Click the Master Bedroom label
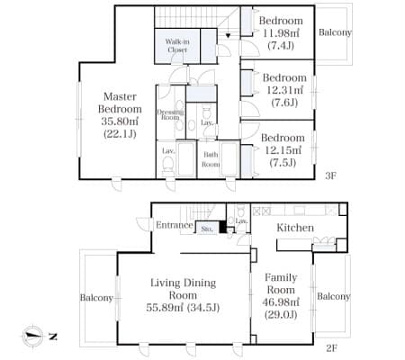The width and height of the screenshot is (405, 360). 120,103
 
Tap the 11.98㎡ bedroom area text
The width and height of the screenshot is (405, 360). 281,33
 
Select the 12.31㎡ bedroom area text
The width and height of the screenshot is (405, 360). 284,90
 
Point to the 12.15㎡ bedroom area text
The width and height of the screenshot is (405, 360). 283,150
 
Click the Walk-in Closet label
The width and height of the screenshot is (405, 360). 177,46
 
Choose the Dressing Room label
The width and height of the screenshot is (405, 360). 170,114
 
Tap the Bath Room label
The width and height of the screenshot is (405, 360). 211,159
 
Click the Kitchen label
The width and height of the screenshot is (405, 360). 295,228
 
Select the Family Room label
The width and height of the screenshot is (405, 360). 281,283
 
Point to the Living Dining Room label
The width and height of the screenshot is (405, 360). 183,289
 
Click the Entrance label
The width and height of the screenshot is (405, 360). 175,225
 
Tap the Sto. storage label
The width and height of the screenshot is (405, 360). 207,229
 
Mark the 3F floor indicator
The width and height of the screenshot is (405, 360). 330,175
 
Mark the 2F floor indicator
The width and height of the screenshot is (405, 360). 331,348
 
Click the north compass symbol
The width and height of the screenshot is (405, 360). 32,336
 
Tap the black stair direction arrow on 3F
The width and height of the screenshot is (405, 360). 228,36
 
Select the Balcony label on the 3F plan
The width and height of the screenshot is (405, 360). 335,32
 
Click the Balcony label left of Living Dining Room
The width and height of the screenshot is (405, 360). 96,298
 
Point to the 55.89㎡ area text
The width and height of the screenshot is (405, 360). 166,308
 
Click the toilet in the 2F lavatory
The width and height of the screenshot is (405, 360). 241,211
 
